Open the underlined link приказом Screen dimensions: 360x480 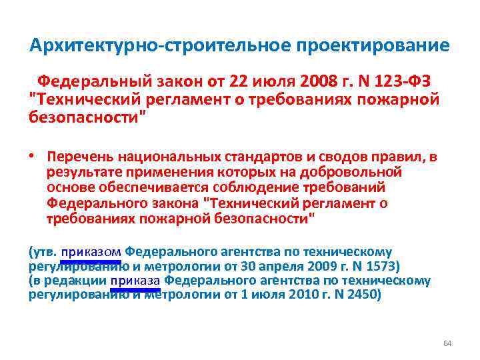tap(91, 252)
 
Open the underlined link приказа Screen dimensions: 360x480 tap(135, 281)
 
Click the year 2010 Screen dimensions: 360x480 tap(298, 295)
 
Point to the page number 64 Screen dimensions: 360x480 tap(447, 343)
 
